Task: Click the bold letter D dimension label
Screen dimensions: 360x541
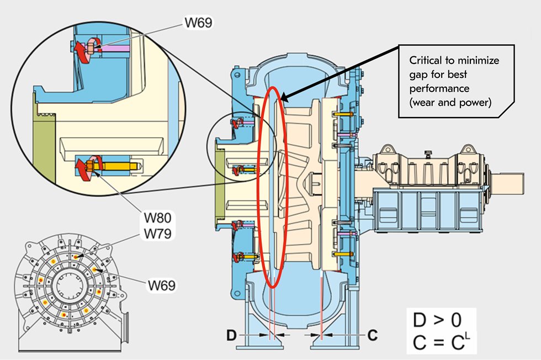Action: (x=232, y=335)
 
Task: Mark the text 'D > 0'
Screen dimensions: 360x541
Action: (x=438, y=319)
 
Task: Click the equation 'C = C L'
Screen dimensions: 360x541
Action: (x=439, y=342)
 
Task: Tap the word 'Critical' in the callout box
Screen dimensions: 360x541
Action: (x=425, y=61)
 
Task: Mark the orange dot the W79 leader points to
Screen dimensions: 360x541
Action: (x=75, y=257)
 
